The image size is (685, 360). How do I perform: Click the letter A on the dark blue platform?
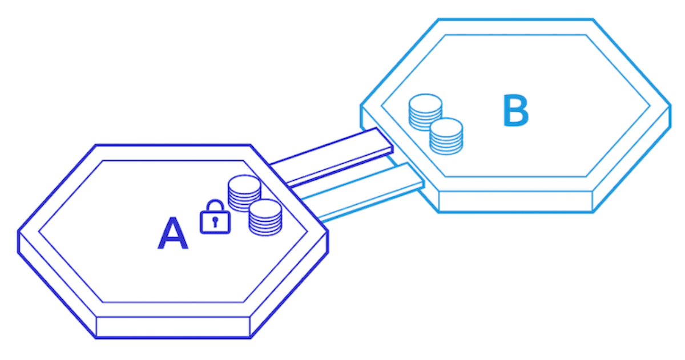tap(172, 234)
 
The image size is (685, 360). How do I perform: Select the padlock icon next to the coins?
tap(215, 217)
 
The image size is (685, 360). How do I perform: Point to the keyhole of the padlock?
tap(215, 222)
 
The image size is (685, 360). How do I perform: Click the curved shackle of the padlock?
tap(215, 205)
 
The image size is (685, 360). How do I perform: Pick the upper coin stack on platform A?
tap(244, 193)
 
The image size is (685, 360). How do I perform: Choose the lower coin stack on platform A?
tap(265, 217)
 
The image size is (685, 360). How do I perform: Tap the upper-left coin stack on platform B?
tap(425, 112)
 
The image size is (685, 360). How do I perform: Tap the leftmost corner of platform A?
tap(19, 233)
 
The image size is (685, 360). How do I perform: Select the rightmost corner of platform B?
tap(669, 107)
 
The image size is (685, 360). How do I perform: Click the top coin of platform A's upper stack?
tap(244, 183)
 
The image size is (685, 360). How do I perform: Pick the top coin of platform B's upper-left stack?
tap(425, 102)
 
